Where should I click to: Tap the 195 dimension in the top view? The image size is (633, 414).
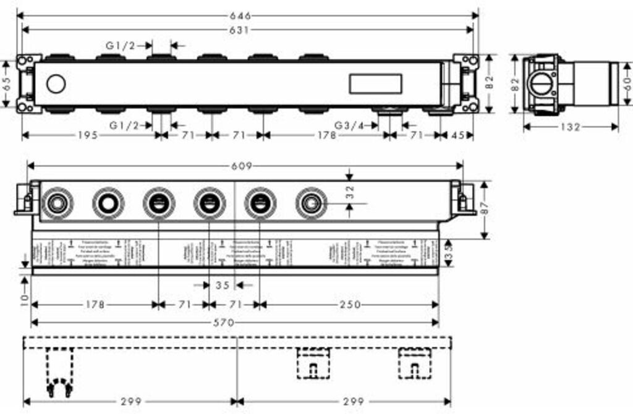point(88,135)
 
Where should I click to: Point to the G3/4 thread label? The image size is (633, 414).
point(349,125)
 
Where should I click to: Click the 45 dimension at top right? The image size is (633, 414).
point(458,135)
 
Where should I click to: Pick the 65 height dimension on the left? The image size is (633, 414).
point(7,84)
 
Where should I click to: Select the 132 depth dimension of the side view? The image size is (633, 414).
point(570,127)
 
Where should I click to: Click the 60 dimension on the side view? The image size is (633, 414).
point(627,84)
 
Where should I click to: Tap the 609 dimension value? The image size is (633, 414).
point(245,166)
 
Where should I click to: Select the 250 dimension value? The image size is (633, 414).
point(348,305)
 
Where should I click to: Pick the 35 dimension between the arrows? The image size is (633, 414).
point(223,285)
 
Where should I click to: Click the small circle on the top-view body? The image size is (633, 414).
point(56,83)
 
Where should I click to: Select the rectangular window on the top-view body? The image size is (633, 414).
point(375,83)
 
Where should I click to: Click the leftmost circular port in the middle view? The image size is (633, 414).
point(57,202)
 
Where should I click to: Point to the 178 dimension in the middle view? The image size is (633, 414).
point(94,305)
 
